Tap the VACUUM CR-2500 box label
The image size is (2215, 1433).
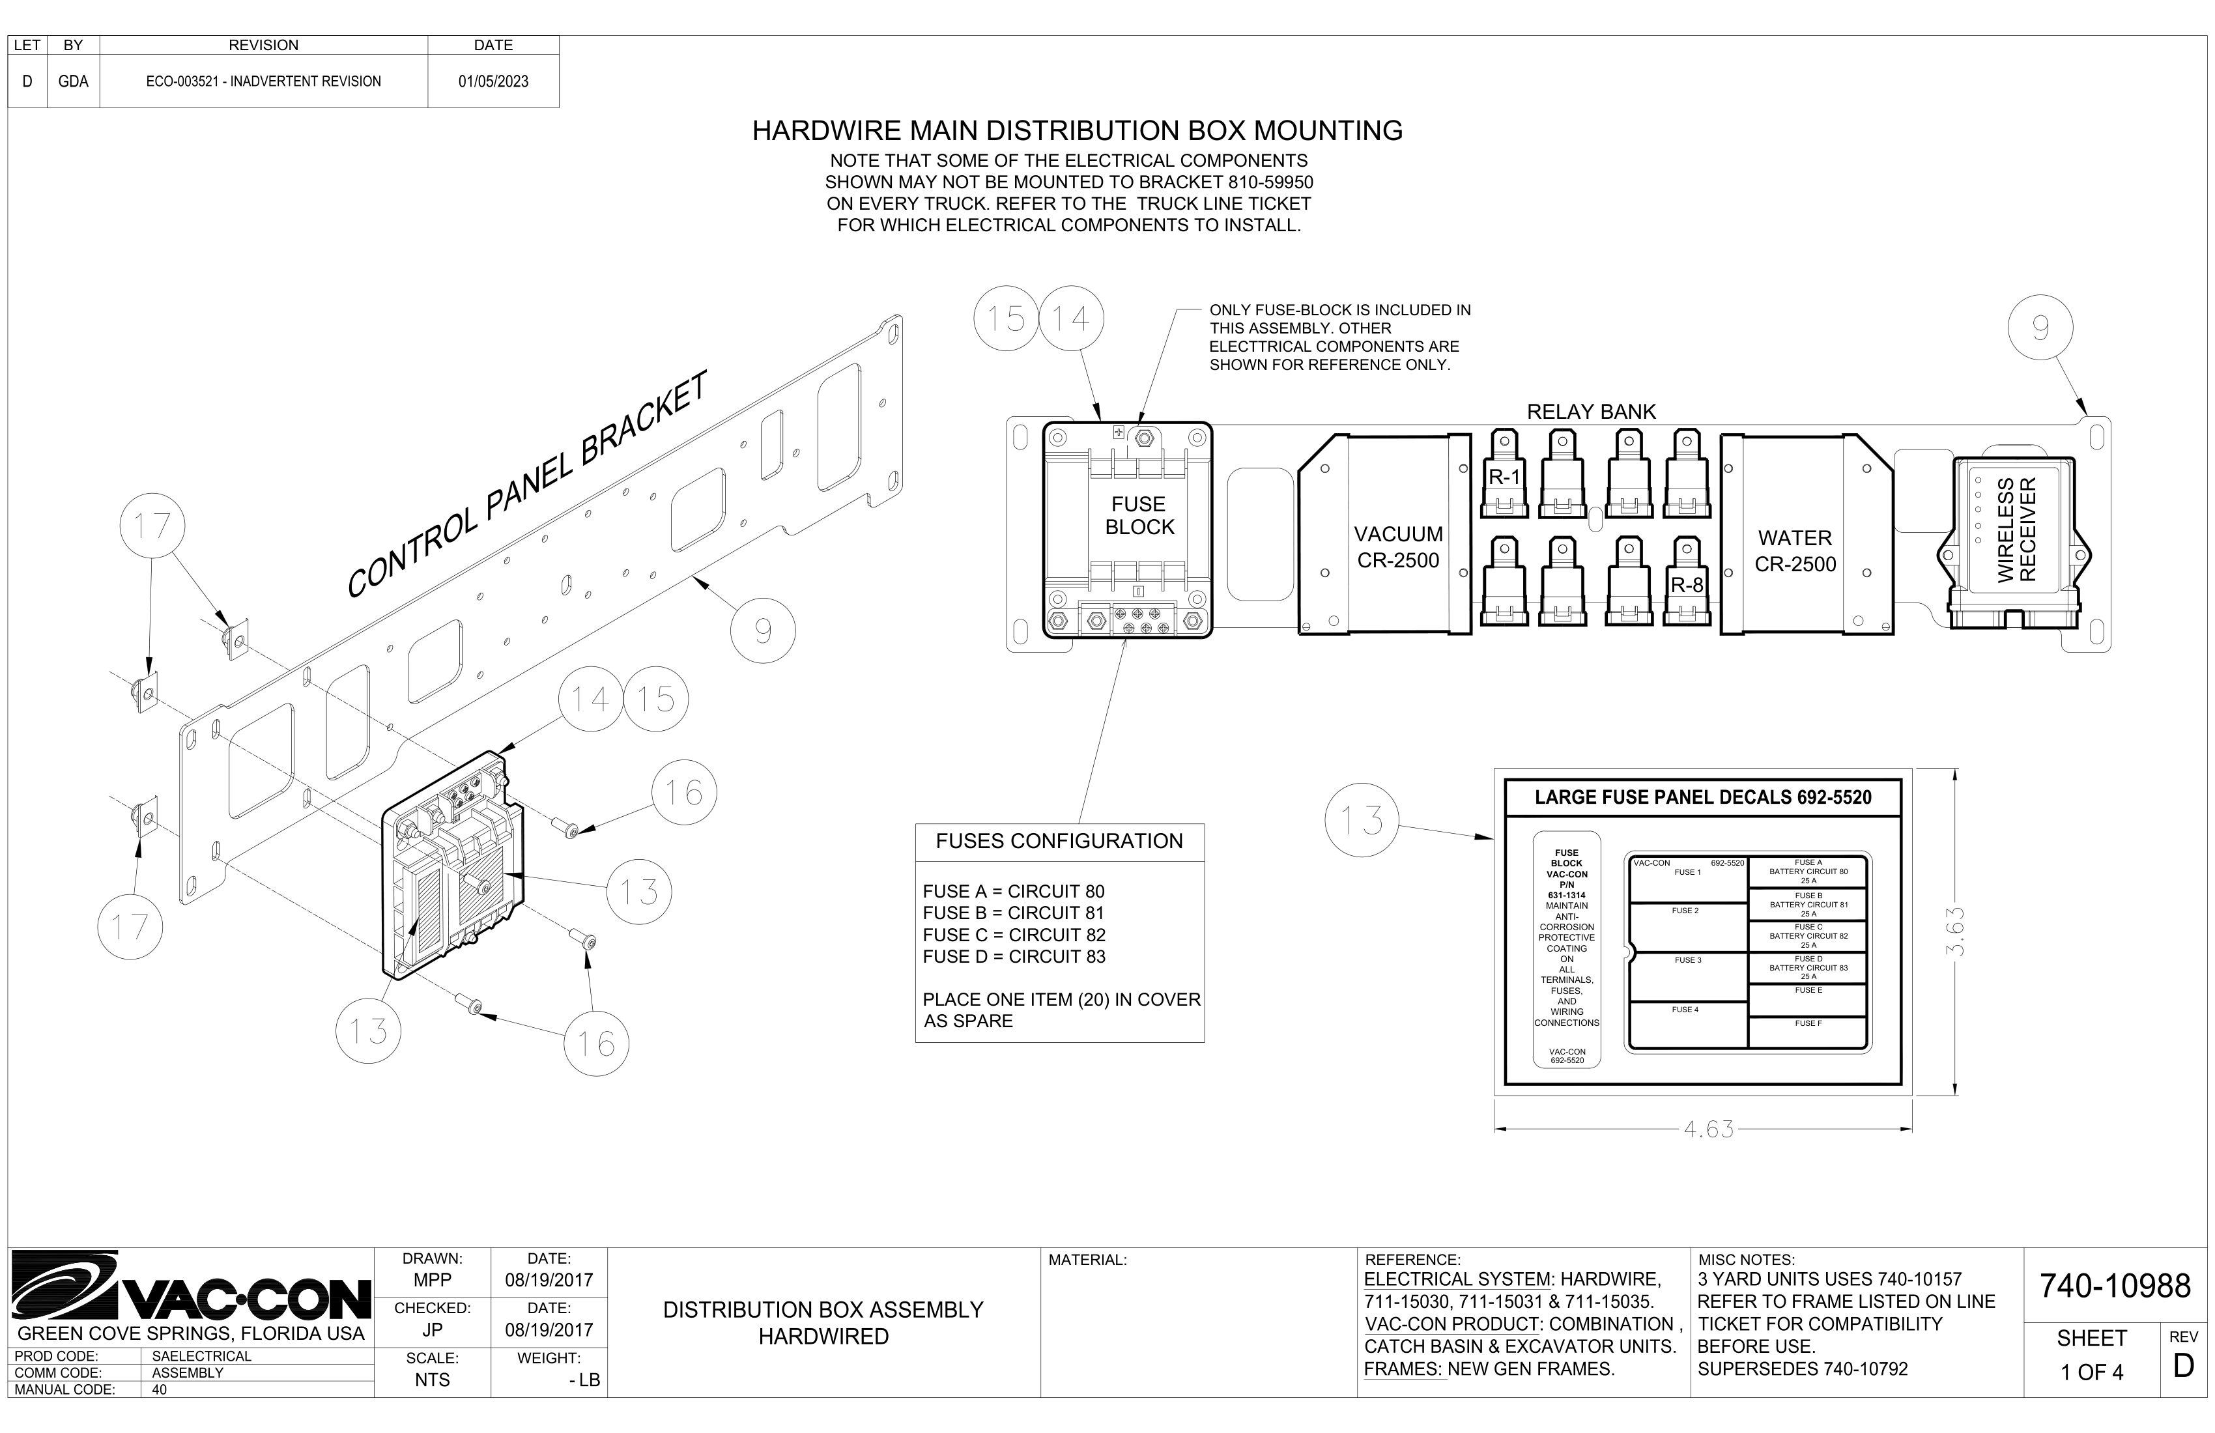click(1398, 547)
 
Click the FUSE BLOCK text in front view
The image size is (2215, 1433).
click(1139, 515)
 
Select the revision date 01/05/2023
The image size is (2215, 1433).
click(493, 82)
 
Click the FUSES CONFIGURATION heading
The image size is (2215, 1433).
click(1059, 841)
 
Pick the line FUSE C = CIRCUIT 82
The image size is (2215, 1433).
click(1014, 934)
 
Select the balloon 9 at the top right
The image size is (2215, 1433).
click(2040, 328)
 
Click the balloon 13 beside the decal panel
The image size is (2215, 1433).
click(1362, 821)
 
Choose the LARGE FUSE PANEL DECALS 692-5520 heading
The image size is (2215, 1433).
click(1702, 797)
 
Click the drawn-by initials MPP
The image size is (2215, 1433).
click(432, 1281)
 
